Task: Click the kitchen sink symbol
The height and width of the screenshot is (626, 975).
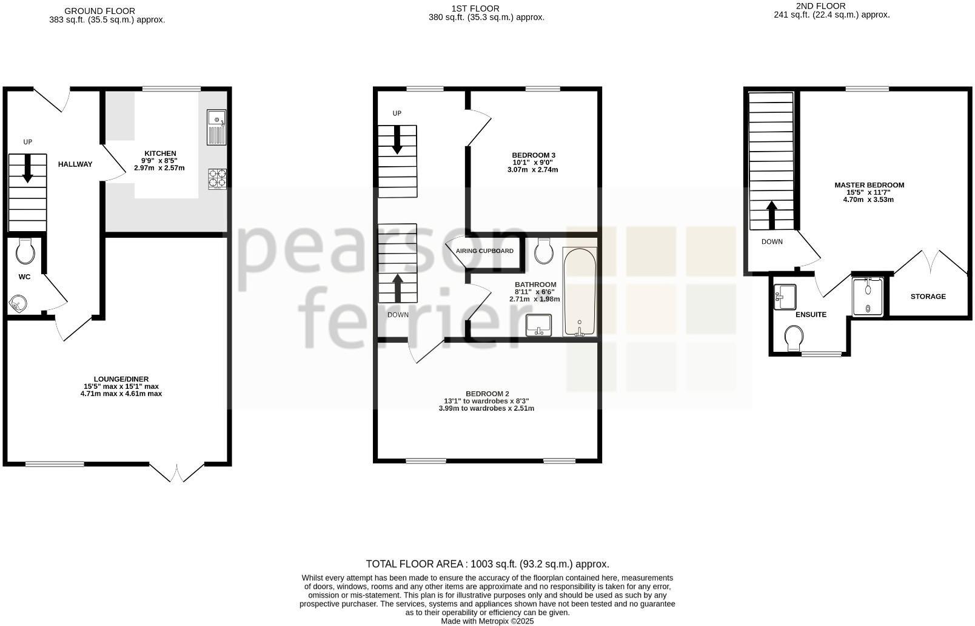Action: pos(216,127)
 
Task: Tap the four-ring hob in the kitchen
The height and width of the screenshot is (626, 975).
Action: pos(217,178)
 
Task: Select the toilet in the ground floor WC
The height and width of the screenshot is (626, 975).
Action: pos(25,251)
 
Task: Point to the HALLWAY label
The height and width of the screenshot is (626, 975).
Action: pos(75,164)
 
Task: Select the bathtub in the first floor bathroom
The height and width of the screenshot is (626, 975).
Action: pos(580,292)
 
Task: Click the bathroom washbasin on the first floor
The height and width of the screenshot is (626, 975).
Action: pos(538,325)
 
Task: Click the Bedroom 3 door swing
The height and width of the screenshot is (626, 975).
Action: pos(479,127)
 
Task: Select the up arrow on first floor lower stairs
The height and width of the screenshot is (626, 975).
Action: pos(398,288)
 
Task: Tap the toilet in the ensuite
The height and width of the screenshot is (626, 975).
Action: pos(794,338)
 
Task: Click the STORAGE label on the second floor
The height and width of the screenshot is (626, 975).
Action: pos(928,297)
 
